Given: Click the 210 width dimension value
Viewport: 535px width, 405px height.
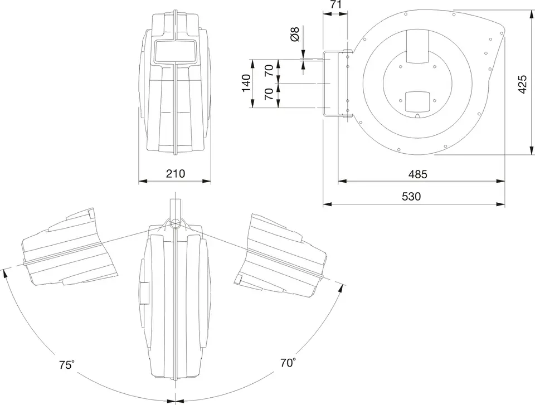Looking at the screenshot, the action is pyautogui.click(x=176, y=174).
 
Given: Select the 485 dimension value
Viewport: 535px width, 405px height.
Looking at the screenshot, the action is pyautogui.click(x=417, y=174).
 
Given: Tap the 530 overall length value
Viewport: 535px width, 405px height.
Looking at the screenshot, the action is pyautogui.click(x=411, y=197).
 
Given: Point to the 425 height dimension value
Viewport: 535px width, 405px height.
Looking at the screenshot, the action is pyautogui.click(x=522, y=84).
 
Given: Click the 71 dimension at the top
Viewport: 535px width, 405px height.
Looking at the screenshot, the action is pyautogui.click(x=335, y=4).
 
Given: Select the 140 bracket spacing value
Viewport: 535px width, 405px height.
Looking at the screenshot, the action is pyautogui.click(x=246, y=83).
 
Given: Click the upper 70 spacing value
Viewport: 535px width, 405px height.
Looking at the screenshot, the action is pyautogui.click(x=269, y=70).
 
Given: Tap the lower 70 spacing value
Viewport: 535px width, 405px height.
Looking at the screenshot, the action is pyautogui.click(x=269, y=94).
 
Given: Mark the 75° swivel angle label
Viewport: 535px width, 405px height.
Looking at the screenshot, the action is pyautogui.click(x=67, y=365).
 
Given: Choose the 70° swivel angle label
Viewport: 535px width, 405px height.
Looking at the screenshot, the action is pyautogui.click(x=288, y=362).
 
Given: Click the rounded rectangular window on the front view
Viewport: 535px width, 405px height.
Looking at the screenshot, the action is pyautogui.click(x=176, y=51).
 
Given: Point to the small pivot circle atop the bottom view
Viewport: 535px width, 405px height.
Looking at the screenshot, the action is pyautogui.click(x=176, y=225).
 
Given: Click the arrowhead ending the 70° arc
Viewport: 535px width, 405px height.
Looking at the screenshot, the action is pyautogui.click(x=340, y=289).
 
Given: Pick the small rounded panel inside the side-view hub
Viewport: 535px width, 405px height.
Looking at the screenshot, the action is pyautogui.click(x=417, y=102).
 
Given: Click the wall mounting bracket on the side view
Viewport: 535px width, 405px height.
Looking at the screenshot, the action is pyautogui.click(x=337, y=84).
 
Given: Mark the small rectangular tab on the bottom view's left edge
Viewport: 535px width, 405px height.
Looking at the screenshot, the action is pyautogui.click(x=144, y=293).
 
